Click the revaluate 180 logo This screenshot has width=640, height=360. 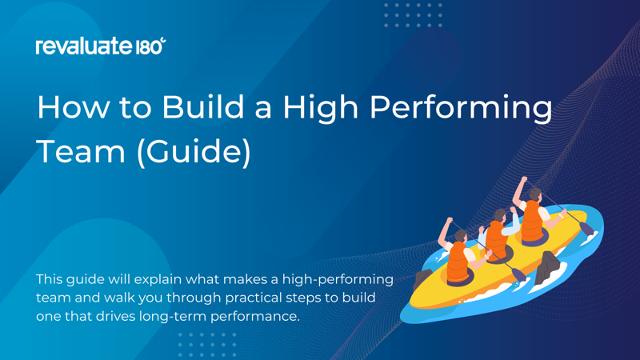tap(100, 46)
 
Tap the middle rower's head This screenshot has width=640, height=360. tap(500, 216)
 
